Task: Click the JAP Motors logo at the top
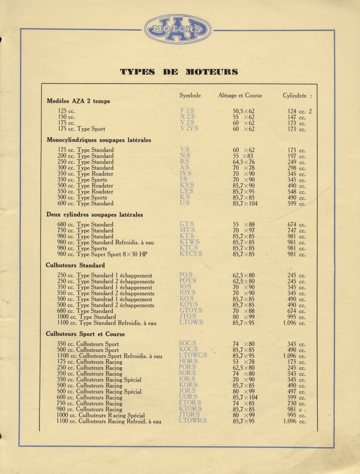pos(177,29)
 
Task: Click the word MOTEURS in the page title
pos(212,72)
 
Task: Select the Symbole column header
pos(190,95)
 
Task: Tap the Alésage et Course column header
pos(240,95)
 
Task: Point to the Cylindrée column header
pos(297,95)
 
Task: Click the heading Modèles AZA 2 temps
pos(78,101)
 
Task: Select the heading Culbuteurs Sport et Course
pos(85,334)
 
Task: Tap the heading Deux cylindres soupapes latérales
pos(95,214)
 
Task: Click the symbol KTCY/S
pos(191,254)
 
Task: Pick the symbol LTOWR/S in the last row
pos(193,421)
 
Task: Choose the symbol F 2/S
pos(187,111)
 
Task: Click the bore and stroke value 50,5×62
pos(244,111)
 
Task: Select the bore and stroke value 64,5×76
pos(244,162)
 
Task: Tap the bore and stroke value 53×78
pos(244,362)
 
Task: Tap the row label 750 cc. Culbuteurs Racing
pos(90,403)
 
